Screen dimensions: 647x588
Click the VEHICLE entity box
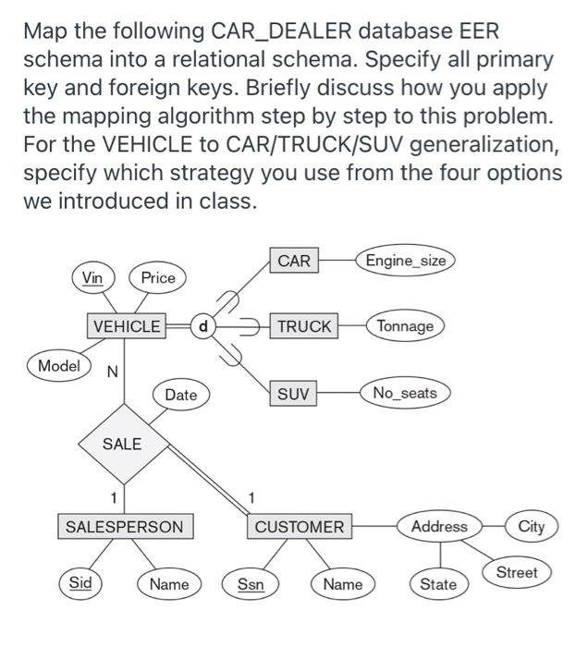[x=127, y=326]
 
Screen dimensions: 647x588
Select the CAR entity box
[x=294, y=261]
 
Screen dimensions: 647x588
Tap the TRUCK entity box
[x=304, y=326]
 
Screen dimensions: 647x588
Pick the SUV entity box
[x=293, y=394]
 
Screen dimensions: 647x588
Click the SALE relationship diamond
[x=122, y=444]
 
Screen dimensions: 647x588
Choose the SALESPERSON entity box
[x=125, y=527]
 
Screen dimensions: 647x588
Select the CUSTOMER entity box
[x=300, y=527]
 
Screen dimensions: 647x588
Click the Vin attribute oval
[x=92, y=277]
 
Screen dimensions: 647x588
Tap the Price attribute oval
[x=158, y=277]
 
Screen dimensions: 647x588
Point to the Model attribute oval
[x=59, y=365]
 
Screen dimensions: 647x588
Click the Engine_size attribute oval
[x=406, y=261]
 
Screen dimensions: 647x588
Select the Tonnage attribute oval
[x=405, y=326]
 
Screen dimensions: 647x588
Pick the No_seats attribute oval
[x=405, y=393]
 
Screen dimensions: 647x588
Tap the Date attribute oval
[x=180, y=395]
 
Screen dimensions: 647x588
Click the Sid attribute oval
[x=80, y=583]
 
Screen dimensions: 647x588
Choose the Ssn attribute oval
[x=250, y=583]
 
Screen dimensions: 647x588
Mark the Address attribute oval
[x=439, y=527]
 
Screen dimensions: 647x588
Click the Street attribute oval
[x=516, y=572]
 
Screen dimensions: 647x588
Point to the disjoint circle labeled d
[x=203, y=326]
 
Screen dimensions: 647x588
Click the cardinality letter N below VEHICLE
[x=112, y=372]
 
